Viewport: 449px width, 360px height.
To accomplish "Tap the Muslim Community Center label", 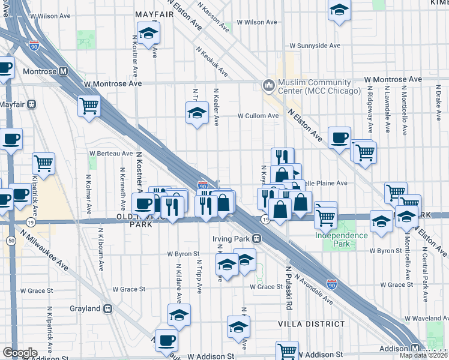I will point(318,87).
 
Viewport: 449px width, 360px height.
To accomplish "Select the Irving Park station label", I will point(231,238).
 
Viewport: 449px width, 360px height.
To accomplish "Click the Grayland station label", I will point(85,308).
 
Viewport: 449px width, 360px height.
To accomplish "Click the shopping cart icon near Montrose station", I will point(89,107).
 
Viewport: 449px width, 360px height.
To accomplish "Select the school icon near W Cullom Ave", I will point(196,113).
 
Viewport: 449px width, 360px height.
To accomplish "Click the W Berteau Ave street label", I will point(111,153).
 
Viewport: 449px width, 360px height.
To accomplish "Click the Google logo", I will point(20,353).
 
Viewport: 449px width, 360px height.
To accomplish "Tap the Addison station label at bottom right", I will point(396,349).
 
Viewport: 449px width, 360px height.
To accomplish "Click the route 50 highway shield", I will point(11,241).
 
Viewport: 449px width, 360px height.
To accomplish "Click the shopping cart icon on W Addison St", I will point(288,350).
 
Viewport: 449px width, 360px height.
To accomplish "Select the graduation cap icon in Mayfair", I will point(148,32).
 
